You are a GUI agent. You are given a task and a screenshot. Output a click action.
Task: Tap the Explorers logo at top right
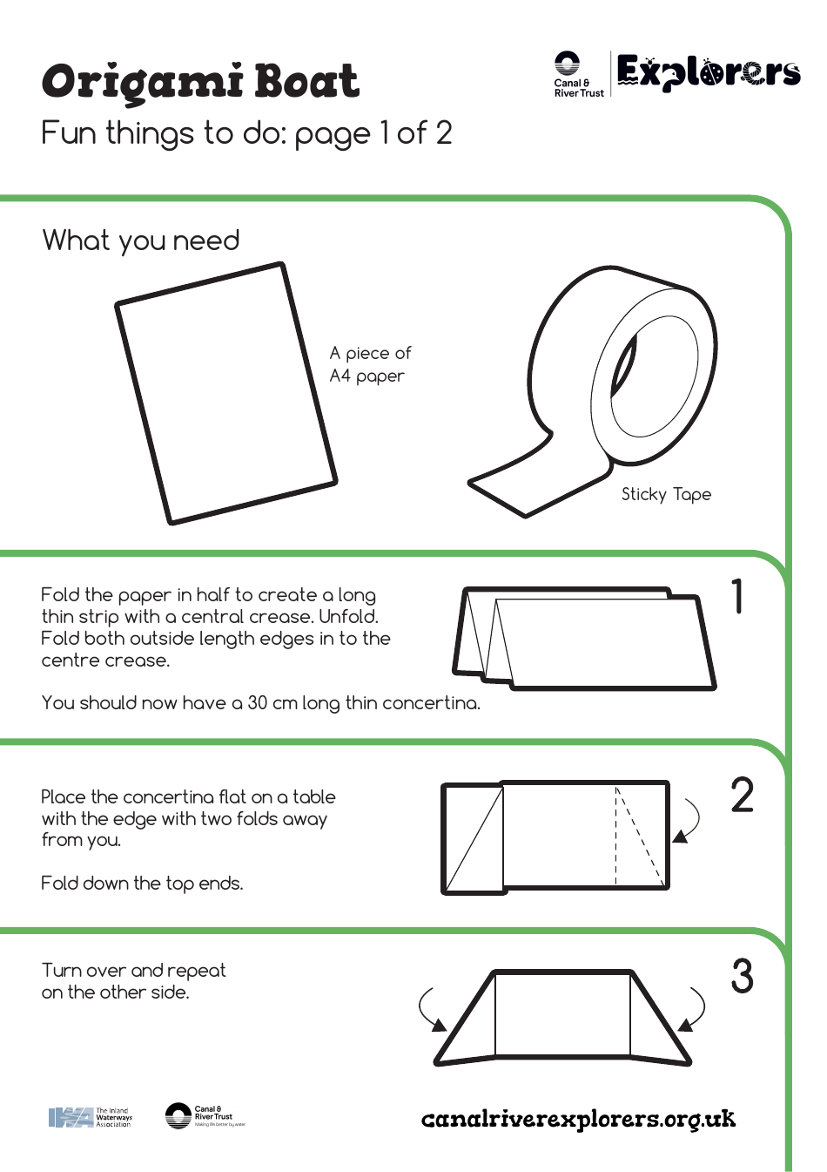(708, 73)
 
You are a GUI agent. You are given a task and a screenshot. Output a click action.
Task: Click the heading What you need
(140, 240)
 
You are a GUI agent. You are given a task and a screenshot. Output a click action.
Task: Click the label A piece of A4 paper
(369, 364)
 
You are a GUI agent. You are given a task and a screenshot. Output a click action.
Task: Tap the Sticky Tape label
(666, 494)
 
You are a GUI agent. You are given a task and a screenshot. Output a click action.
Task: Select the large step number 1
(738, 597)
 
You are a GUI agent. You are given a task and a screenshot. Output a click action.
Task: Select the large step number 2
(742, 796)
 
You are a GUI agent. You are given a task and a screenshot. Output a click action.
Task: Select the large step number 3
(742, 976)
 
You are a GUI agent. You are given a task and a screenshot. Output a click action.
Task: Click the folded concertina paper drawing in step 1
(583, 639)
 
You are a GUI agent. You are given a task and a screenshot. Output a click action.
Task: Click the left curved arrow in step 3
(430, 1010)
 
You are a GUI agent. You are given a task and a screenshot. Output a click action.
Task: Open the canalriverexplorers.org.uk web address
(578, 1119)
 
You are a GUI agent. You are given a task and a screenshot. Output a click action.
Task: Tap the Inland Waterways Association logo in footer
(90, 1117)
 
